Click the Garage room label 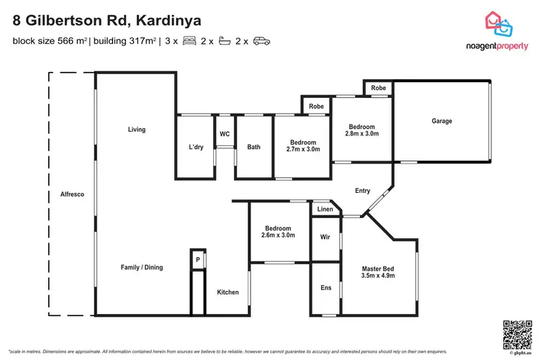(442, 121)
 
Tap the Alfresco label (73, 194)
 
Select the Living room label (137, 130)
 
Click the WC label (225, 134)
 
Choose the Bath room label (254, 148)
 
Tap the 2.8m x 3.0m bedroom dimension (362, 134)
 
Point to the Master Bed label (379, 269)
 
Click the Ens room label (325, 288)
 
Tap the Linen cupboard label (325, 210)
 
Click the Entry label (362, 191)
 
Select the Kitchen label (228, 292)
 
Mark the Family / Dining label (141, 267)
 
